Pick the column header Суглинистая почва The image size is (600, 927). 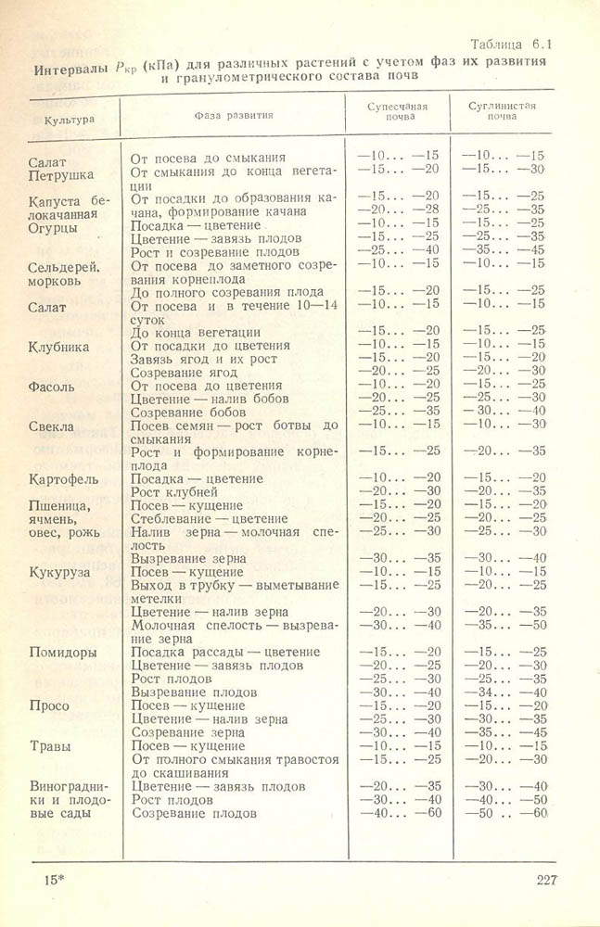point(503,113)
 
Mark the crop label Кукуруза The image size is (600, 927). point(59,573)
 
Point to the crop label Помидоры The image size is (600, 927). point(63,652)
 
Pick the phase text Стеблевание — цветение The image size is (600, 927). point(210,518)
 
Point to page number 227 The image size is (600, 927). point(546,880)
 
